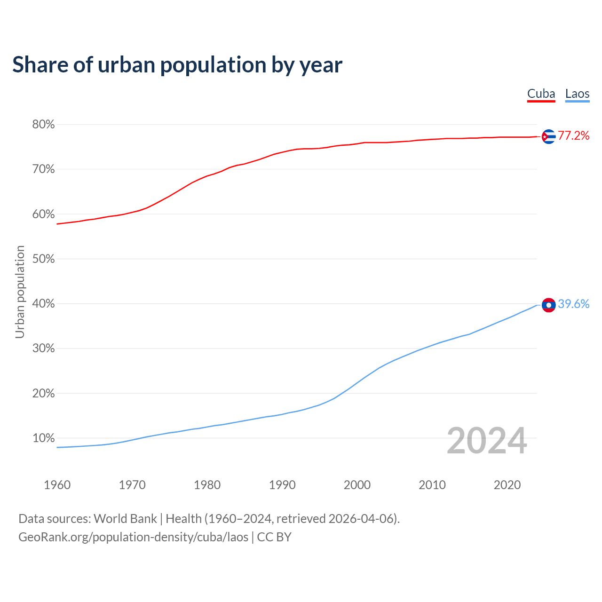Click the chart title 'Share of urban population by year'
(x=177, y=65)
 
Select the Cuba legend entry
(x=541, y=94)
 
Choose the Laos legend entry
(x=577, y=94)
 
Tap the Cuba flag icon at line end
(x=548, y=136)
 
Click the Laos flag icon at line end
(x=548, y=305)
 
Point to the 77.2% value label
(x=573, y=136)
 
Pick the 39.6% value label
(x=573, y=304)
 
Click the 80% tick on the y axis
(x=44, y=125)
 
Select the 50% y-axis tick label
(x=44, y=259)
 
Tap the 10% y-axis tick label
(x=44, y=438)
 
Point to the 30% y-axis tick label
(x=44, y=349)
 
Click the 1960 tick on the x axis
(x=57, y=485)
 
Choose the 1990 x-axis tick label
(x=282, y=485)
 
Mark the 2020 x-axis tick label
(x=507, y=485)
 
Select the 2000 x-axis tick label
(x=357, y=485)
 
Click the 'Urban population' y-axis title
(x=20, y=292)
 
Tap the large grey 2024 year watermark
(x=487, y=441)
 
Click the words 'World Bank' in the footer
(x=125, y=519)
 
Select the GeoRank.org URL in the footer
(x=133, y=537)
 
